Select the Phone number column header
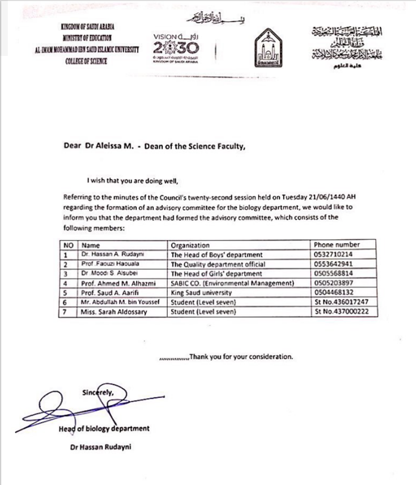336,244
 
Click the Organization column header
190,244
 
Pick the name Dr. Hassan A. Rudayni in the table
111,254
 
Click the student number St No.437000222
345,312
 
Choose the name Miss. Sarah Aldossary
114,312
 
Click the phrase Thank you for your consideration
241,356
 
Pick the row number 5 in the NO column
67,293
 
